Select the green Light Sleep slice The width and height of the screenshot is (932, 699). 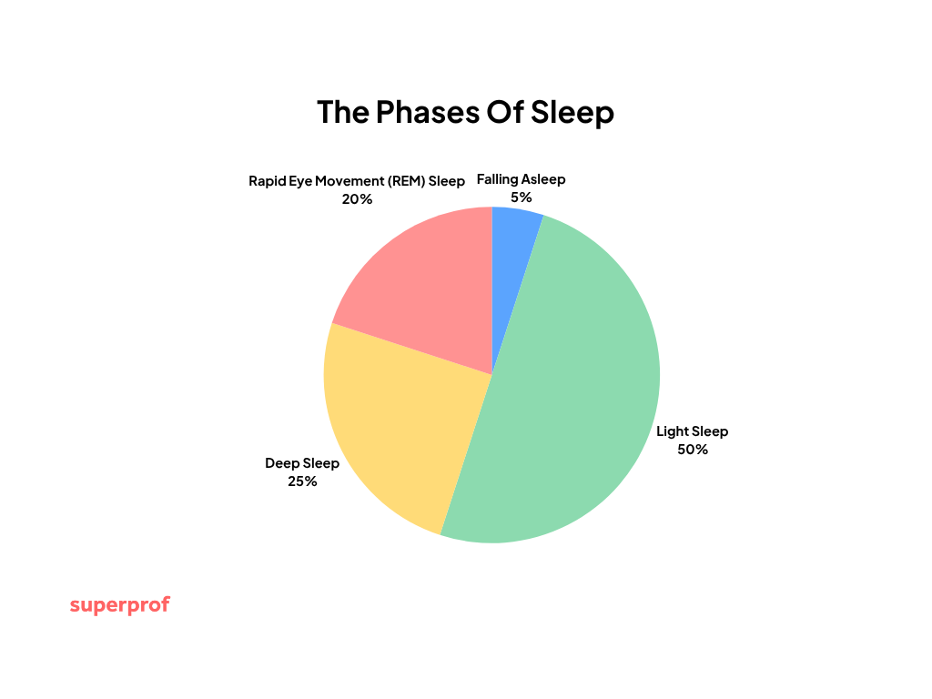point(573,391)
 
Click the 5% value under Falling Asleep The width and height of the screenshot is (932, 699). point(522,197)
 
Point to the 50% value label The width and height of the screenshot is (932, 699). point(693,449)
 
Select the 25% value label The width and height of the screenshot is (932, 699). point(302,481)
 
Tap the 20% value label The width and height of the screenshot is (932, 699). point(357,198)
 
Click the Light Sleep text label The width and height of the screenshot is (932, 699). point(693,431)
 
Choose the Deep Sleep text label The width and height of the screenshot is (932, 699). point(302,463)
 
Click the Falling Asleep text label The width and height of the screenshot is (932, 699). point(522,179)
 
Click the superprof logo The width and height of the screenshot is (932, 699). point(120,605)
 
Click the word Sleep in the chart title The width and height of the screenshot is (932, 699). point(572,113)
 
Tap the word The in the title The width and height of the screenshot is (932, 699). point(342,113)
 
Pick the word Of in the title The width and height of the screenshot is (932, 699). point(501,113)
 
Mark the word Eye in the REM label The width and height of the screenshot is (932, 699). point(301,181)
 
